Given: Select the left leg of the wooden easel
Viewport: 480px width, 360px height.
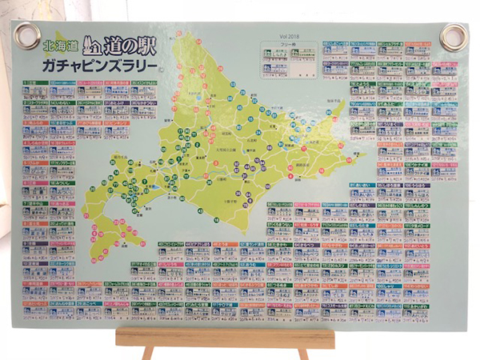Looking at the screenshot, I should click(148, 353).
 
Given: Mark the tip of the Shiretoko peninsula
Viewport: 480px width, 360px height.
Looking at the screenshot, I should click(345, 101).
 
